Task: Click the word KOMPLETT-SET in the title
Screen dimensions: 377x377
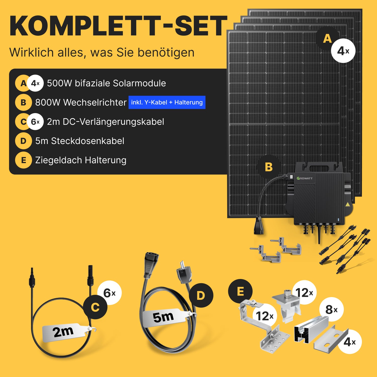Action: (118, 26)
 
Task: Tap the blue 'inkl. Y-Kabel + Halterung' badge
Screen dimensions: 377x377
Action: (167, 102)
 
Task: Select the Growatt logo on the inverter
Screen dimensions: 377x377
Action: (305, 178)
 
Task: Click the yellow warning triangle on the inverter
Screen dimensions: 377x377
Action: (348, 204)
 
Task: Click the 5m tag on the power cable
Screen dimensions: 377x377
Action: (165, 317)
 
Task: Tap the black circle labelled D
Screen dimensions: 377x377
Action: (201, 295)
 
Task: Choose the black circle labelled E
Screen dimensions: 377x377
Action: (240, 291)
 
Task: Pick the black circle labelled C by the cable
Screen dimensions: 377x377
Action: (95, 307)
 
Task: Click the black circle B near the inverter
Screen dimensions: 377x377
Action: (269, 167)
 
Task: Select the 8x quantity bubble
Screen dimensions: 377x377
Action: (331, 309)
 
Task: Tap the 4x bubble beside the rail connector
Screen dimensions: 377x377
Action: (350, 342)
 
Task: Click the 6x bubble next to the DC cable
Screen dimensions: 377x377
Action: (110, 293)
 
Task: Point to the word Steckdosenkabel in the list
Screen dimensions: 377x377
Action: (88, 141)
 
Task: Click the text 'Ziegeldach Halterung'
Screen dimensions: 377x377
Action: (81, 160)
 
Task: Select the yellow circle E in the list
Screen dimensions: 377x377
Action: (23, 160)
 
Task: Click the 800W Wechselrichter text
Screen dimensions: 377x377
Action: (81, 103)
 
